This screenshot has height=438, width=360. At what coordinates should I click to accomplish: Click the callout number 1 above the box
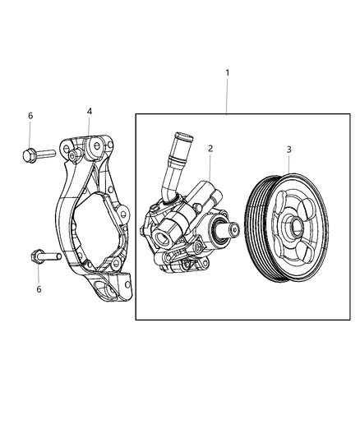[x=228, y=73]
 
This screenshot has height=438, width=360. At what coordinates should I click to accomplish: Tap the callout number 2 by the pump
[x=210, y=149]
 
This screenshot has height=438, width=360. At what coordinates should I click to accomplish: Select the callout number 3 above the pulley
[x=288, y=150]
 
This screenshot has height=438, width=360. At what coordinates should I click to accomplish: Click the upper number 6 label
[x=30, y=116]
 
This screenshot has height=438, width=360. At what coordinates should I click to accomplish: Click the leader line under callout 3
[x=288, y=164]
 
